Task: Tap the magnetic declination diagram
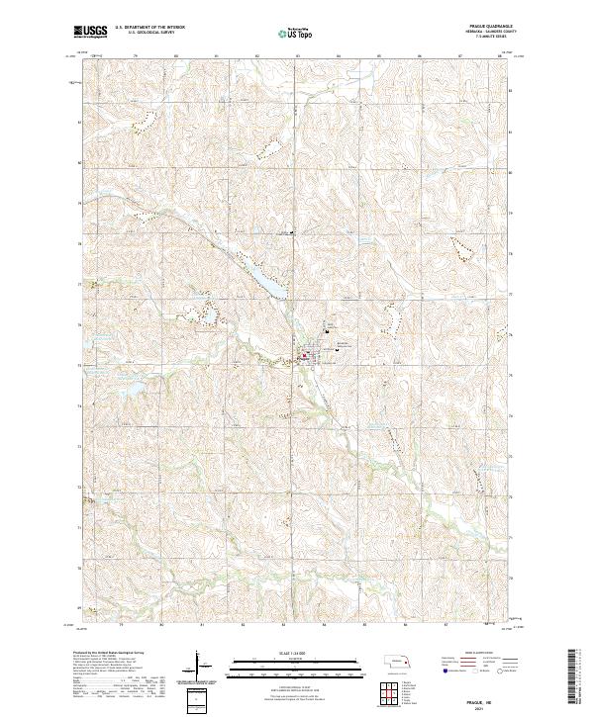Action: [x=202, y=669]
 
